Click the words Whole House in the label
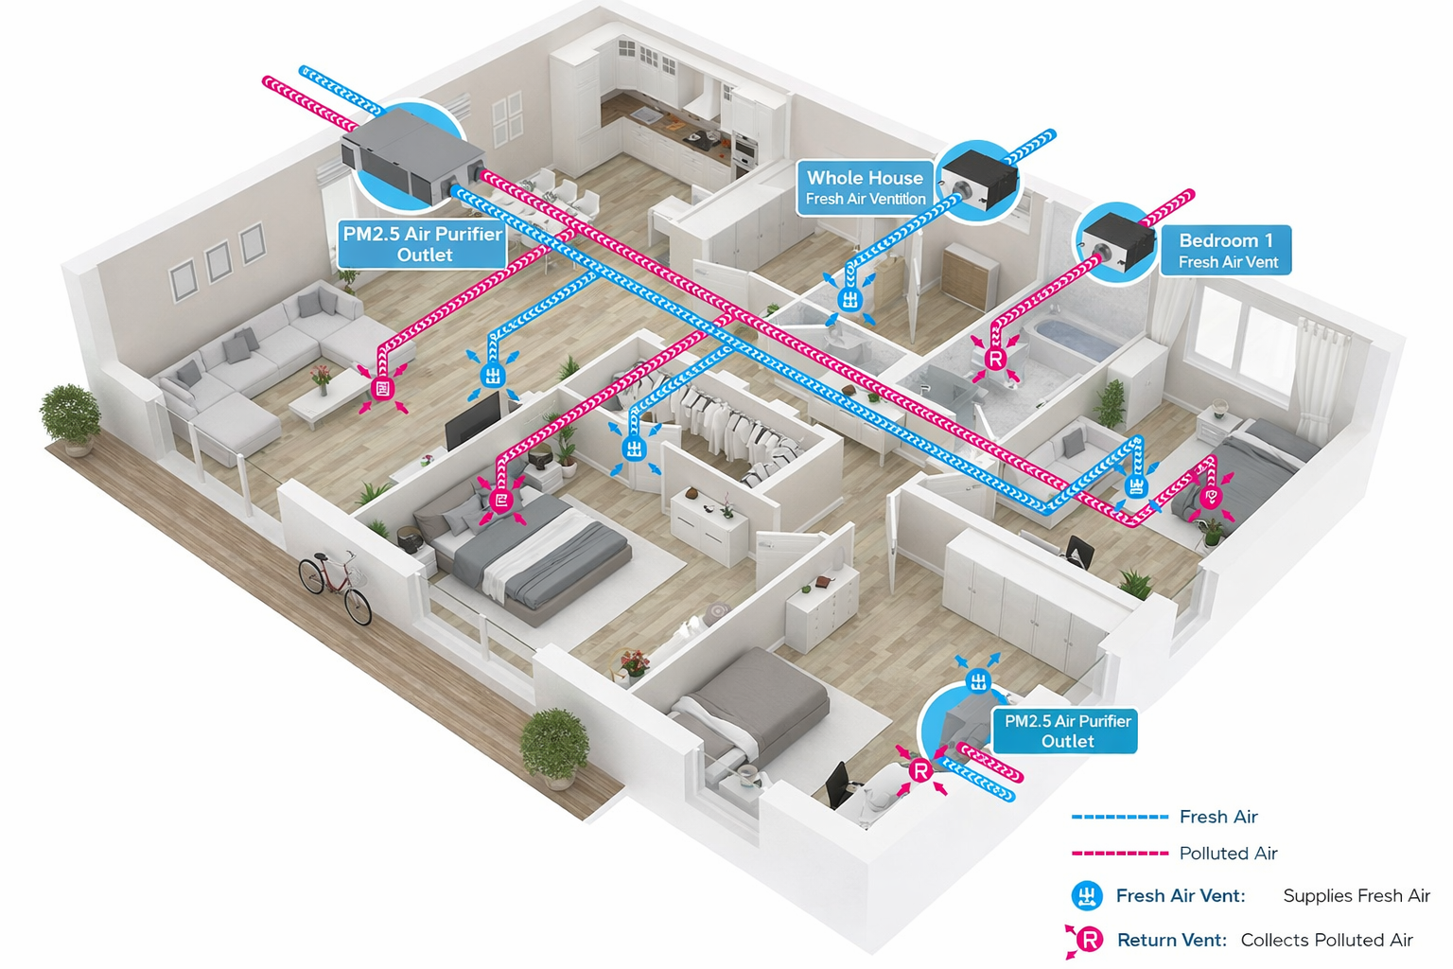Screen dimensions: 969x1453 (x=865, y=178)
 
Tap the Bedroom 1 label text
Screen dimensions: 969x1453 (x=1226, y=240)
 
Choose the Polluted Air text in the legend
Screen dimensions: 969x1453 (x=1228, y=854)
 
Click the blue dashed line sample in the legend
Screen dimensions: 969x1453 (x=1120, y=817)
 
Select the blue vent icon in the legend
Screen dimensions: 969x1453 (x=1087, y=895)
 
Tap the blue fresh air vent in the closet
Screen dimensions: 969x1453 (x=634, y=449)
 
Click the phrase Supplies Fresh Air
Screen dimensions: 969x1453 (x=1356, y=895)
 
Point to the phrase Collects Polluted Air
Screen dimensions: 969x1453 (x=1326, y=940)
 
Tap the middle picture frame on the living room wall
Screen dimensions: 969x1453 (x=219, y=261)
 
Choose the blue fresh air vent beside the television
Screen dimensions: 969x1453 (x=492, y=375)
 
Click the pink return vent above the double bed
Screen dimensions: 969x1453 (x=501, y=500)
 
